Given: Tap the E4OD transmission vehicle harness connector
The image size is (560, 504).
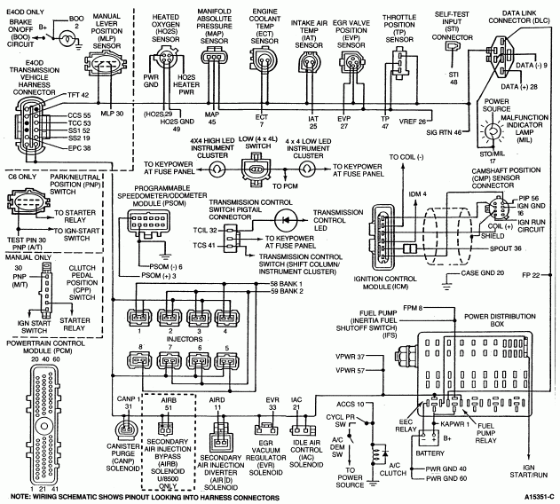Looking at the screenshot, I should (x=32, y=128).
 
